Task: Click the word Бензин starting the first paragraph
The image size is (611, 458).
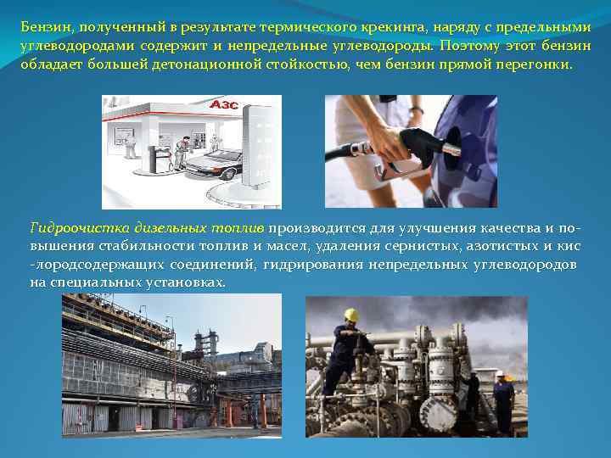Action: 43,26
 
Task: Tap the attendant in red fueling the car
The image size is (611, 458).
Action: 182,154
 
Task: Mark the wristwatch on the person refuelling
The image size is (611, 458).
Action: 416,110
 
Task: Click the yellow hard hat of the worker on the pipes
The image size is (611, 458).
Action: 351,316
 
